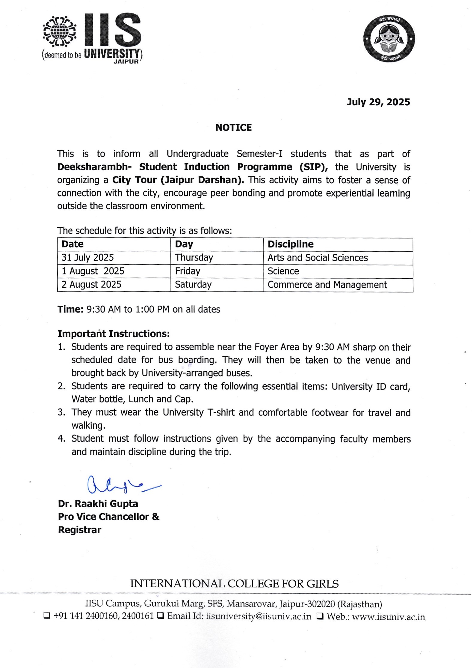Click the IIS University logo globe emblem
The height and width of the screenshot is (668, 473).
(59, 31)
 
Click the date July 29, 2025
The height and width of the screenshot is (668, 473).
(378, 102)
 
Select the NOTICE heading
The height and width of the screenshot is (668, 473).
(233, 128)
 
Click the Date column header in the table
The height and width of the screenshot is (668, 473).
(72, 244)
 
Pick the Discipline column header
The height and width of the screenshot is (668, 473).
(290, 244)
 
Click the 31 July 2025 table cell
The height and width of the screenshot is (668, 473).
(87, 258)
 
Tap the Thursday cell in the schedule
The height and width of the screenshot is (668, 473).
(194, 258)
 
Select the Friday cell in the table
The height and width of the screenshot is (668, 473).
(188, 271)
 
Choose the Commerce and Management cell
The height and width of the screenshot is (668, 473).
(327, 285)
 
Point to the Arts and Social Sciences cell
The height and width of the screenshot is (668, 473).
(318, 258)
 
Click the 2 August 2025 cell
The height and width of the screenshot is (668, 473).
(91, 285)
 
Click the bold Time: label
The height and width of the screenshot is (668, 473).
(70, 309)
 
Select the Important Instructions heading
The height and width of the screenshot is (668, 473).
(114, 334)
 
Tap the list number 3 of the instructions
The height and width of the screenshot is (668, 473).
(61, 412)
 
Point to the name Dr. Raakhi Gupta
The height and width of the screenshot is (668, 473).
(98, 504)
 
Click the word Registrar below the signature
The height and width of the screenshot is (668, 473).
(80, 530)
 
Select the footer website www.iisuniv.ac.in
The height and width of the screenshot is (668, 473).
(388, 617)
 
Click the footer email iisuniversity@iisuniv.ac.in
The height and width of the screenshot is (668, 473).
(259, 616)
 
